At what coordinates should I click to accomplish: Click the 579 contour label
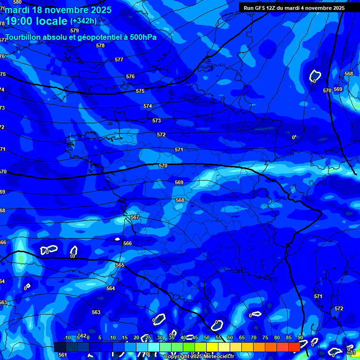point(75,30)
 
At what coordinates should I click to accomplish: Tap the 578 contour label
point(100,45)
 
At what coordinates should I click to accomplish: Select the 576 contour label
point(130,76)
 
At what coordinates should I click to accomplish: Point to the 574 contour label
point(148,106)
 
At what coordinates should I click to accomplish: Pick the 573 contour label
point(157,120)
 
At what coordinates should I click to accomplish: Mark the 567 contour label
point(135,217)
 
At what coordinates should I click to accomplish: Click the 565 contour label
point(120,265)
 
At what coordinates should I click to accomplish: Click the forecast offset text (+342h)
point(83,21)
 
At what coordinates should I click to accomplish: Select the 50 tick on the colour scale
point(207,338)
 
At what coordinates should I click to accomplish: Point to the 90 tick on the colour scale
point(300,338)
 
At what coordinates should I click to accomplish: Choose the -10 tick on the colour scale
point(67,338)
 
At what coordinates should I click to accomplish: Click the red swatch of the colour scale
point(294,347)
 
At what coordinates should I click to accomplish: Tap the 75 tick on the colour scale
point(265,338)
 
